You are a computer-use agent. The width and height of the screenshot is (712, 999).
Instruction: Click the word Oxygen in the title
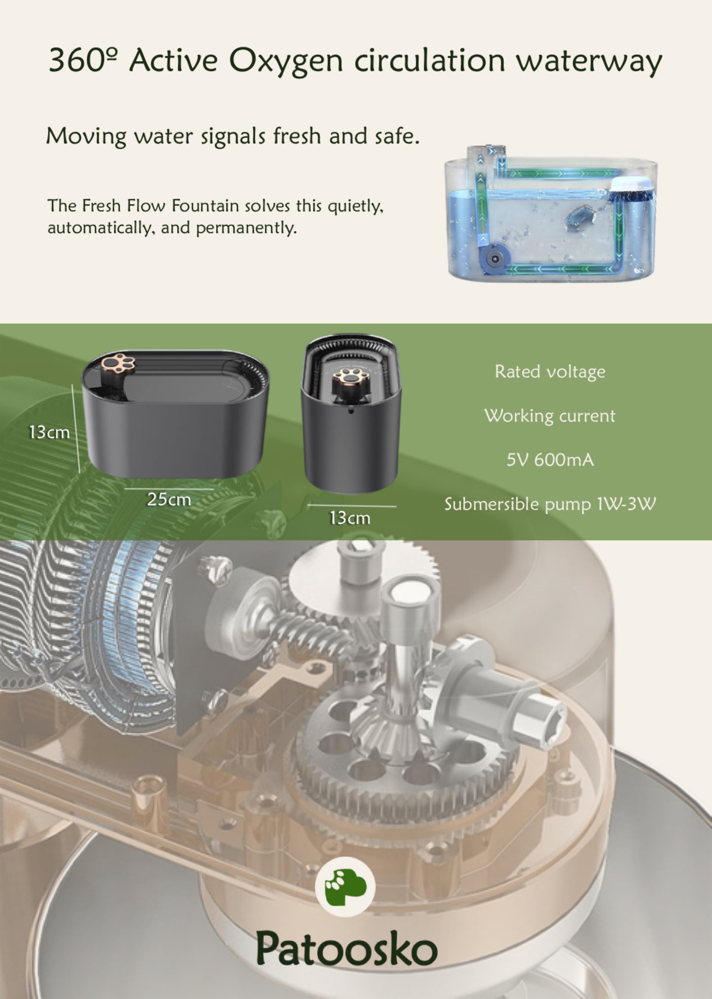click(286, 62)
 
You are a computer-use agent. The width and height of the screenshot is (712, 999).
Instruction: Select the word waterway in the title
click(589, 62)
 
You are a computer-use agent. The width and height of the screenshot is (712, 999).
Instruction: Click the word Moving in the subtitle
click(86, 136)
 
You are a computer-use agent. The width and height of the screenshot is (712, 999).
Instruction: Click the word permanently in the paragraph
click(246, 228)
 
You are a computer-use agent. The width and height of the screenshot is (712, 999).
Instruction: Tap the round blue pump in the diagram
click(495, 257)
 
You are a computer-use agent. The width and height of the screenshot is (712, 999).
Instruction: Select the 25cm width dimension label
click(169, 499)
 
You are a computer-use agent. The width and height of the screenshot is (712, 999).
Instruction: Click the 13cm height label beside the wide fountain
click(49, 432)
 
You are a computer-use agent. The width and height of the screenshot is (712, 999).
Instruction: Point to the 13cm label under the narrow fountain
click(350, 518)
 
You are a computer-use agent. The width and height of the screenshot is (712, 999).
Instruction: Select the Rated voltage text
click(550, 372)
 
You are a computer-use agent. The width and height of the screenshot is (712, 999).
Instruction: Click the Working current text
click(550, 416)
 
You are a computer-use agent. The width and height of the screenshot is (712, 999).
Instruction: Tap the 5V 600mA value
click(550, 460)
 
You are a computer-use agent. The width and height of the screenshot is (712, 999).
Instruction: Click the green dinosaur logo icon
click(345, 887)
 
